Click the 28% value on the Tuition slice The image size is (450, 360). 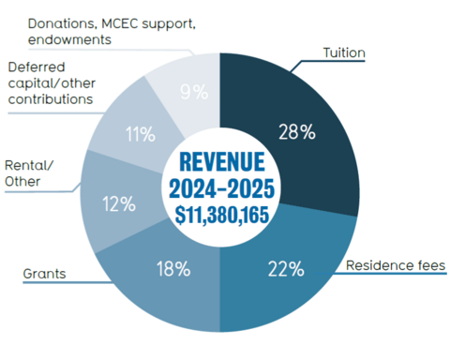[295, 130]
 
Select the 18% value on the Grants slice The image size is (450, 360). [172, 269]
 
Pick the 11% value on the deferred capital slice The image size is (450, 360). [140, 134]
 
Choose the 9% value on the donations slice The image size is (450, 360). [193, 92]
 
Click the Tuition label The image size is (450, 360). [343, 52]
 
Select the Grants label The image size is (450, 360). [44, 275]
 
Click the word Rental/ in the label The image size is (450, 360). [28, 165]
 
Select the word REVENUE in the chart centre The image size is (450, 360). [219, 160]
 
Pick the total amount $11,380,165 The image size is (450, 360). [219, 215]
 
